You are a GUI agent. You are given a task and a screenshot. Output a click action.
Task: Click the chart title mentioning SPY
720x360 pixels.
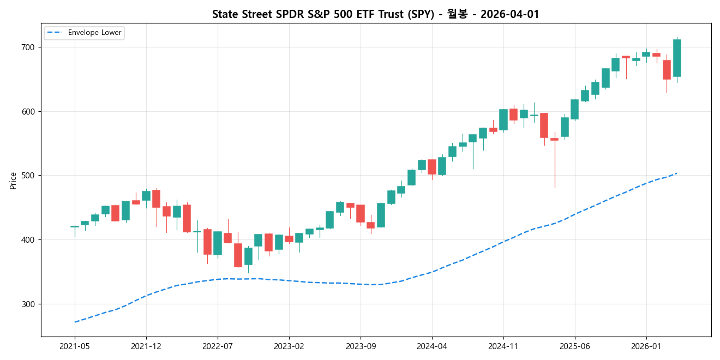click(375, 14)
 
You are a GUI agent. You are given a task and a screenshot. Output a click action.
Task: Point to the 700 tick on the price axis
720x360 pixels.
click(27, 47)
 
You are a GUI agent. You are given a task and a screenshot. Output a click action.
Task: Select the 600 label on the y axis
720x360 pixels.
click(27, 111)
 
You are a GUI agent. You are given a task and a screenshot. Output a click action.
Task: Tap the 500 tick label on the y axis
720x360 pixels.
click(27, 176)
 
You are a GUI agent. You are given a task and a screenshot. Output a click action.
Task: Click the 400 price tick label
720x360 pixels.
click(27, 240)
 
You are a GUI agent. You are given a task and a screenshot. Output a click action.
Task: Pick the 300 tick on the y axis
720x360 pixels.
click(27, 304)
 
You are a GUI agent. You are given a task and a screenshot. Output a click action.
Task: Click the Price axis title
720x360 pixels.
click(13, 181)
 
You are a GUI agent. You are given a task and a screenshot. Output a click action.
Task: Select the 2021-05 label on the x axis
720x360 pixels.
click(75, 346)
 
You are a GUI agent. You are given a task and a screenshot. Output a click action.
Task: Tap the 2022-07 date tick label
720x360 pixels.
click(218, 346)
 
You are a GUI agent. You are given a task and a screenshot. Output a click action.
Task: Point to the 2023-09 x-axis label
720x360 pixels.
click(361, 346)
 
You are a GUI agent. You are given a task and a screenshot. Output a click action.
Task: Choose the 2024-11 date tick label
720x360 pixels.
click(503, 346)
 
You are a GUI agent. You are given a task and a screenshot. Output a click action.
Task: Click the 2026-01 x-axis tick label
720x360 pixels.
click(646, 346)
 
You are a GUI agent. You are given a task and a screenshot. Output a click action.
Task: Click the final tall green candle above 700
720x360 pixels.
click(677, 58)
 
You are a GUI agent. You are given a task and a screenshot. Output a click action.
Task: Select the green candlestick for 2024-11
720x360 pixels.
click(503, 119)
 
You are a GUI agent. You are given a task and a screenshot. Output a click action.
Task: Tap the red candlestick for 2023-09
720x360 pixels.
click(361, 213)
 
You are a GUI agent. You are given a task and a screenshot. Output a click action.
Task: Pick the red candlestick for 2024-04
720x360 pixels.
click(432, 167)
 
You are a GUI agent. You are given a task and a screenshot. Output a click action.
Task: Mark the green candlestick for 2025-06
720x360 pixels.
click(575, 109)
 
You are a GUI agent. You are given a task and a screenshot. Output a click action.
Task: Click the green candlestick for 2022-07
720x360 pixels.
click(218, 243)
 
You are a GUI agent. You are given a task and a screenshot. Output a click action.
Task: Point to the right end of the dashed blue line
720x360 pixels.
click(677, 173)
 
